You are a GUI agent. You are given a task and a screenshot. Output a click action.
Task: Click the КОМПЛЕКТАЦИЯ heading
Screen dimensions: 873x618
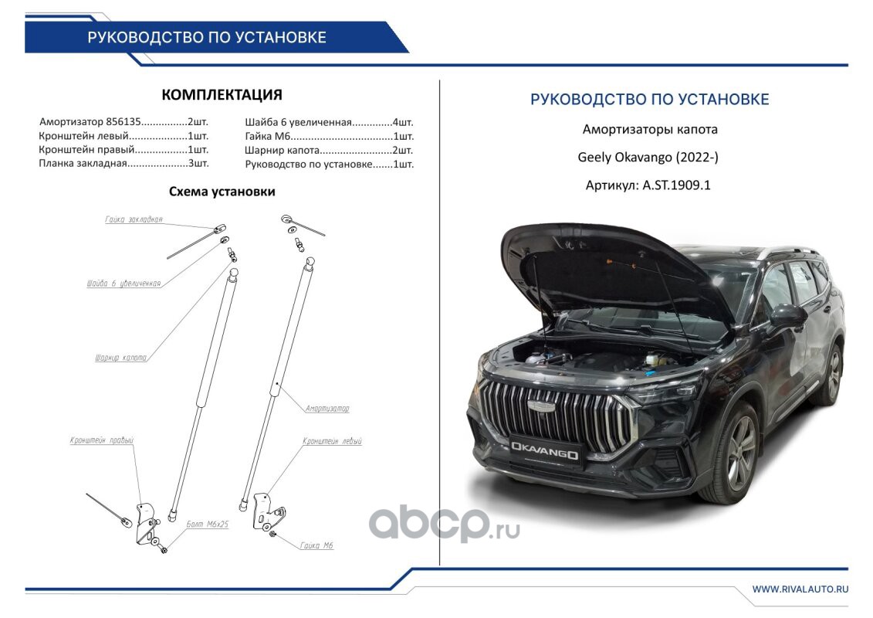click(222, 95)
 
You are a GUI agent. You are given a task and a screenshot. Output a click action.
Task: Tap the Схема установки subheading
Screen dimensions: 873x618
click(222, 192)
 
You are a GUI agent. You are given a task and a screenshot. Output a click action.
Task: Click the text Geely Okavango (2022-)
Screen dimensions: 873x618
click(648, 158)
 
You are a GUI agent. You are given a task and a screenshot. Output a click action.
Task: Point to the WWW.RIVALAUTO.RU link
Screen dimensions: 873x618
click(800, 589)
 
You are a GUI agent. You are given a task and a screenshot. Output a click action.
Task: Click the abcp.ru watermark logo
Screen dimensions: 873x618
click(443, 525)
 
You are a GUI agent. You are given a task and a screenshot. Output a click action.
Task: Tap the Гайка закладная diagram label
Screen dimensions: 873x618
click(134, 219)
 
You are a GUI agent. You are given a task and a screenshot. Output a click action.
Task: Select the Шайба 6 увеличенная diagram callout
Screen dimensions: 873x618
click(124, 284)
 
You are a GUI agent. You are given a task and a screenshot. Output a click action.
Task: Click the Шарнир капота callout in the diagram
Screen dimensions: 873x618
click(119, 358)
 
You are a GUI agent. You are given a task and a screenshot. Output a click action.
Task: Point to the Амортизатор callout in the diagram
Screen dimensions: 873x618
click(327, 408)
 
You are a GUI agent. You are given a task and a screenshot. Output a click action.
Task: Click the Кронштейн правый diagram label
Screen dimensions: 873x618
click(101, 441)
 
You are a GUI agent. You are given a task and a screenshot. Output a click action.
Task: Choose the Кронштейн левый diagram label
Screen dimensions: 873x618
click(333, 441)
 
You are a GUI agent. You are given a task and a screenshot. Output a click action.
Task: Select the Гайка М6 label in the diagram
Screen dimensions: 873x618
click(316, 545)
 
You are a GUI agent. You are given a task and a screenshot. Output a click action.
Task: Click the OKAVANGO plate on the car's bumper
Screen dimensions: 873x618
click(543, 450)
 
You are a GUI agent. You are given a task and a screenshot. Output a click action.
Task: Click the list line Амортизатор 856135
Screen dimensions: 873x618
click(123, 122)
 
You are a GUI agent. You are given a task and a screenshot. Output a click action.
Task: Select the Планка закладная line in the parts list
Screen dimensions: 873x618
click(123, 164)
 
